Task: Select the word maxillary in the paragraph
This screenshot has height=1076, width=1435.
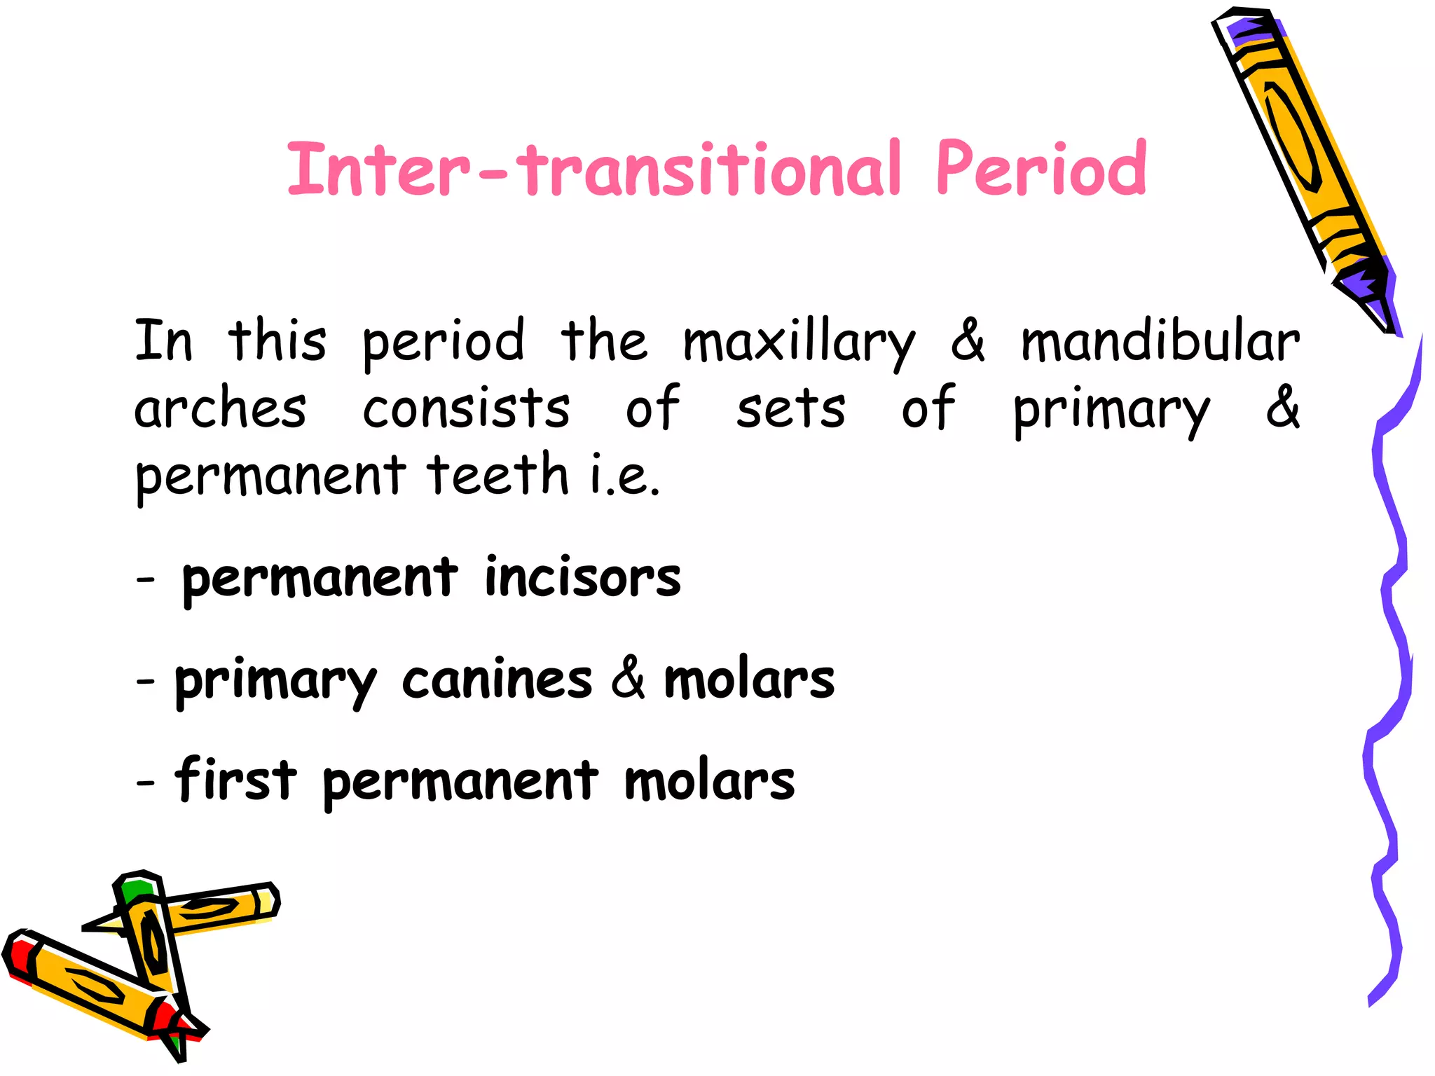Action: coord(799,343)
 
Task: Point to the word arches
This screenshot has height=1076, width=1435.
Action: coord(220,409)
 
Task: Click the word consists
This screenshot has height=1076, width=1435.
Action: coord(466,409)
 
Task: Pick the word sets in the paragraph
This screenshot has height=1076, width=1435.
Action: coord(790,409)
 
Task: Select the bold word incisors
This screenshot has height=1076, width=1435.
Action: coord(582,579)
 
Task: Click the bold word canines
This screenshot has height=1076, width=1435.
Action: coord(497,680)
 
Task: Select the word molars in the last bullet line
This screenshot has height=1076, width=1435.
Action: coord(709,782)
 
